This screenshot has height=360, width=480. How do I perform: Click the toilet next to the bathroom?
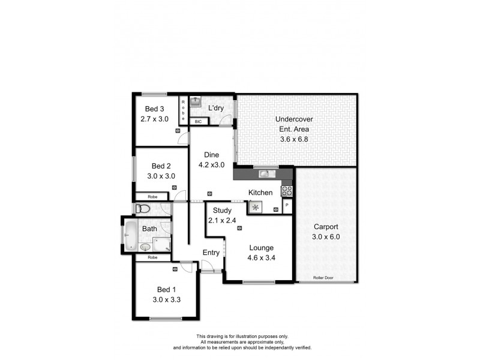(142, 209)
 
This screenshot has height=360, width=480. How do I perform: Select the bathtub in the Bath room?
(130, 236)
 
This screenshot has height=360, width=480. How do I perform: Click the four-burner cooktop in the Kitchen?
(287, 192)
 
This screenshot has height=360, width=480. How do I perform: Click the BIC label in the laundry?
(199, 121)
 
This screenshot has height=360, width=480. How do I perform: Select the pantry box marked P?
(287, 206)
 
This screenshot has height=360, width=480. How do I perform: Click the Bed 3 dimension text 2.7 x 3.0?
(154, 119)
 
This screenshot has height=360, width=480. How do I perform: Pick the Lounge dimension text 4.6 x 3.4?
(262, 258)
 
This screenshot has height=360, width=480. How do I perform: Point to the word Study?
(222, 211)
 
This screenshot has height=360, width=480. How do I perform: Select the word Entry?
(211, 253)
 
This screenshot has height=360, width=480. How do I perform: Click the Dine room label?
(211, 154)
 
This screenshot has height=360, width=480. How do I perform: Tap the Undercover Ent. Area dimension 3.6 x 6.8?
(293, 139)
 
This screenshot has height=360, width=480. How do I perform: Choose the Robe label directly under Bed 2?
(152, 196)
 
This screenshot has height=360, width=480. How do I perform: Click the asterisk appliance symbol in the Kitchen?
(256, 208)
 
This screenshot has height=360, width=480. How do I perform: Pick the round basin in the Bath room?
(144, 247)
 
